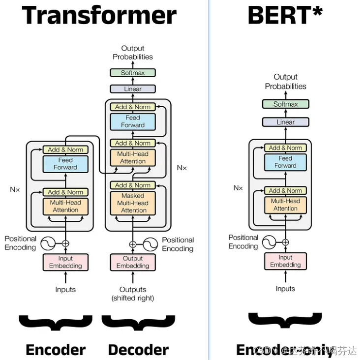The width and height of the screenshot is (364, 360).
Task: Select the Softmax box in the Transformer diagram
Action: pyautogui.click(x=133, y=73)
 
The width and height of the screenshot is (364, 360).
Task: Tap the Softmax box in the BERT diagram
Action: pyautogui.click(x=285, y=104)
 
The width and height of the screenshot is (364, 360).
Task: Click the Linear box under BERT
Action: pyautogui.click(x=285, y=122)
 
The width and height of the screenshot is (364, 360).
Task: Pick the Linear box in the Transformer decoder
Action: pyautogui.click(x=133, y=89)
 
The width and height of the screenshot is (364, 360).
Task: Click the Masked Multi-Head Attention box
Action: pyautogui.click(x=133, y=203)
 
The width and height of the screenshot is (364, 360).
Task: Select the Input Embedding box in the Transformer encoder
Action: pyautogui.click(x=65, y=262)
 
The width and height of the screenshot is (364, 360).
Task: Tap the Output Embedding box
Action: pyautogui.click(x=133, y=262)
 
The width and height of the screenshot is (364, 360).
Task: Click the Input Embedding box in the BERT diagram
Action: pyautogui.click(x=285, y=261)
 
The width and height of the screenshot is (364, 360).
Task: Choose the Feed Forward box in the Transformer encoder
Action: pyautogui.click(x=65, y=164)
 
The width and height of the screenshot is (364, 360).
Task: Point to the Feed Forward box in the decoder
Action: pyautogui.click(x=133, y=121)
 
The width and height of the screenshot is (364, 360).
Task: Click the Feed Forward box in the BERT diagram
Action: pyautogui.click(x=285, y=162)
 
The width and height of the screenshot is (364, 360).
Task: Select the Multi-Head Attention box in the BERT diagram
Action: pyautogui.click(x=285, y=205)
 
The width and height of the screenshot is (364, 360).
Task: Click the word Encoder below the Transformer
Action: pyautogui.click(x=56, y=350)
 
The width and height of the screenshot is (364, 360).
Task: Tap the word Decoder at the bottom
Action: pyautogui.click(x=138, y=350)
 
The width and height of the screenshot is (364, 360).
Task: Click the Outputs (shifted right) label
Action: pyautogui.click(x=133, y=294)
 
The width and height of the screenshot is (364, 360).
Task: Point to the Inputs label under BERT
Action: pyautogui.click(x=285, y=289)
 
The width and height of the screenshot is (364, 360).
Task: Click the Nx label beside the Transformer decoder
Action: pyautogui.click(x=182, y=168)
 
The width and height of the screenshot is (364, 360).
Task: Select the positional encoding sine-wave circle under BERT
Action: pyautogui.click(x=269, y=242)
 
